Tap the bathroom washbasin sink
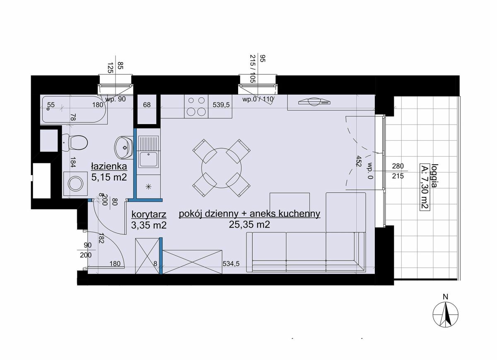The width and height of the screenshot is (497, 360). coord(124,148)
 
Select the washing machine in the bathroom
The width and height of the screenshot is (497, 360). coord(75,184)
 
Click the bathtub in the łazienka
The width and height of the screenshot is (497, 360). coord(74,109)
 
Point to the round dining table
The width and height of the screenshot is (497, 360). coord(222,168)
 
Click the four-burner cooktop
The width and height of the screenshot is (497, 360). coord(196,106)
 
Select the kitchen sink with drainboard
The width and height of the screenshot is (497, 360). coord(148,151)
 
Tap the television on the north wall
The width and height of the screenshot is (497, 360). coord(315,102)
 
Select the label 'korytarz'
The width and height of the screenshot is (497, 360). coord(149,215)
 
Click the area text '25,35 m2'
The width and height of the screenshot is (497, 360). coord(249,225)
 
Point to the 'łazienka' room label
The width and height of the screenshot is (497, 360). coord(109,166)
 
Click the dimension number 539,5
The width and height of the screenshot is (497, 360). coord(221,105)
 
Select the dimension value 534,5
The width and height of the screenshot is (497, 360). coord(231,264)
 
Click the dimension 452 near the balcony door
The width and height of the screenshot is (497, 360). coord(359,161)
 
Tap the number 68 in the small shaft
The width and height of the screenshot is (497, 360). coord(147,105)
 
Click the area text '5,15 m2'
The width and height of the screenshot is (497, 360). coord(109,178)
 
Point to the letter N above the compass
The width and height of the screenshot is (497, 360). coord(445,297)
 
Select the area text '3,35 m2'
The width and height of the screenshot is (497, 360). coord(149,225)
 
